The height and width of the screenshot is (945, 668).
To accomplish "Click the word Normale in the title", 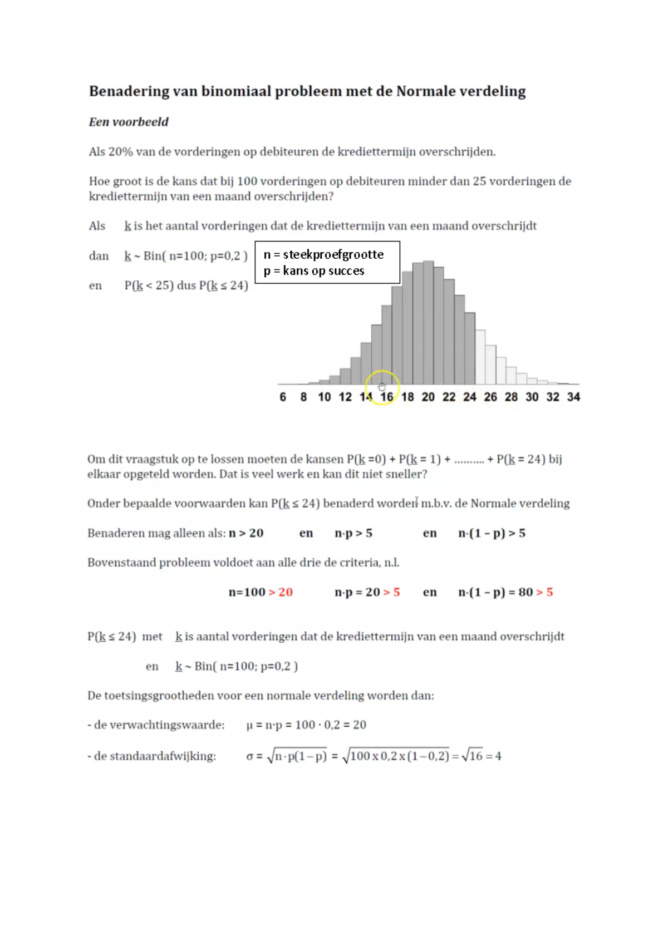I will point(424,91).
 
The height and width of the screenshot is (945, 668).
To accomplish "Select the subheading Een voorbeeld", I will point(129,122).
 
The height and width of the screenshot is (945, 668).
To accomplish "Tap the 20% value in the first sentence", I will point(120,152).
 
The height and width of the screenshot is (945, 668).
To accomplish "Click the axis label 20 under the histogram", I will point(428,397).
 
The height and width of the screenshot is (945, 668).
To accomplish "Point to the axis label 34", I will point(573,397).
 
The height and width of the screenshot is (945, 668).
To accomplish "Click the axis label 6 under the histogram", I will point(283,397).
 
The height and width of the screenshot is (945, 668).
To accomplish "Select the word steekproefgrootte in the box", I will point(333,255).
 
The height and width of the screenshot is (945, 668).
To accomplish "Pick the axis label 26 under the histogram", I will point(490,397).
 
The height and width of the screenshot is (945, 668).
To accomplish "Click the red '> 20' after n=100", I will point(281,592).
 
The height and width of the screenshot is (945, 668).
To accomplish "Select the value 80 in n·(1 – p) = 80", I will point(525,592).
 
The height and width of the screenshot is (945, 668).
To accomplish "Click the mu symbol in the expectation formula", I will point(249,725).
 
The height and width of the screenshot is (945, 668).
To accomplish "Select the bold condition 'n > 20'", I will point(246,533).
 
